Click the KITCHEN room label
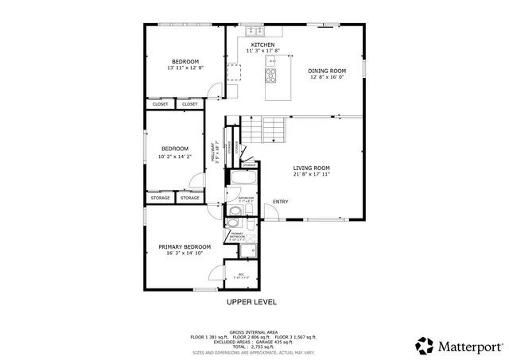262,45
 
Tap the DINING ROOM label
328,71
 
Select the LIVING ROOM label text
311,168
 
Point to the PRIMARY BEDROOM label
185,247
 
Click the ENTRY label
281,201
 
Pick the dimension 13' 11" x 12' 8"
185,68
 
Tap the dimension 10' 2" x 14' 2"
175,156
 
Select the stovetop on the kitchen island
270,76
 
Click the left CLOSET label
161,104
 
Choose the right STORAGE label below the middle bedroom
189,197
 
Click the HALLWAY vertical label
213,153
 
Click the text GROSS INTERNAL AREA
254,331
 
